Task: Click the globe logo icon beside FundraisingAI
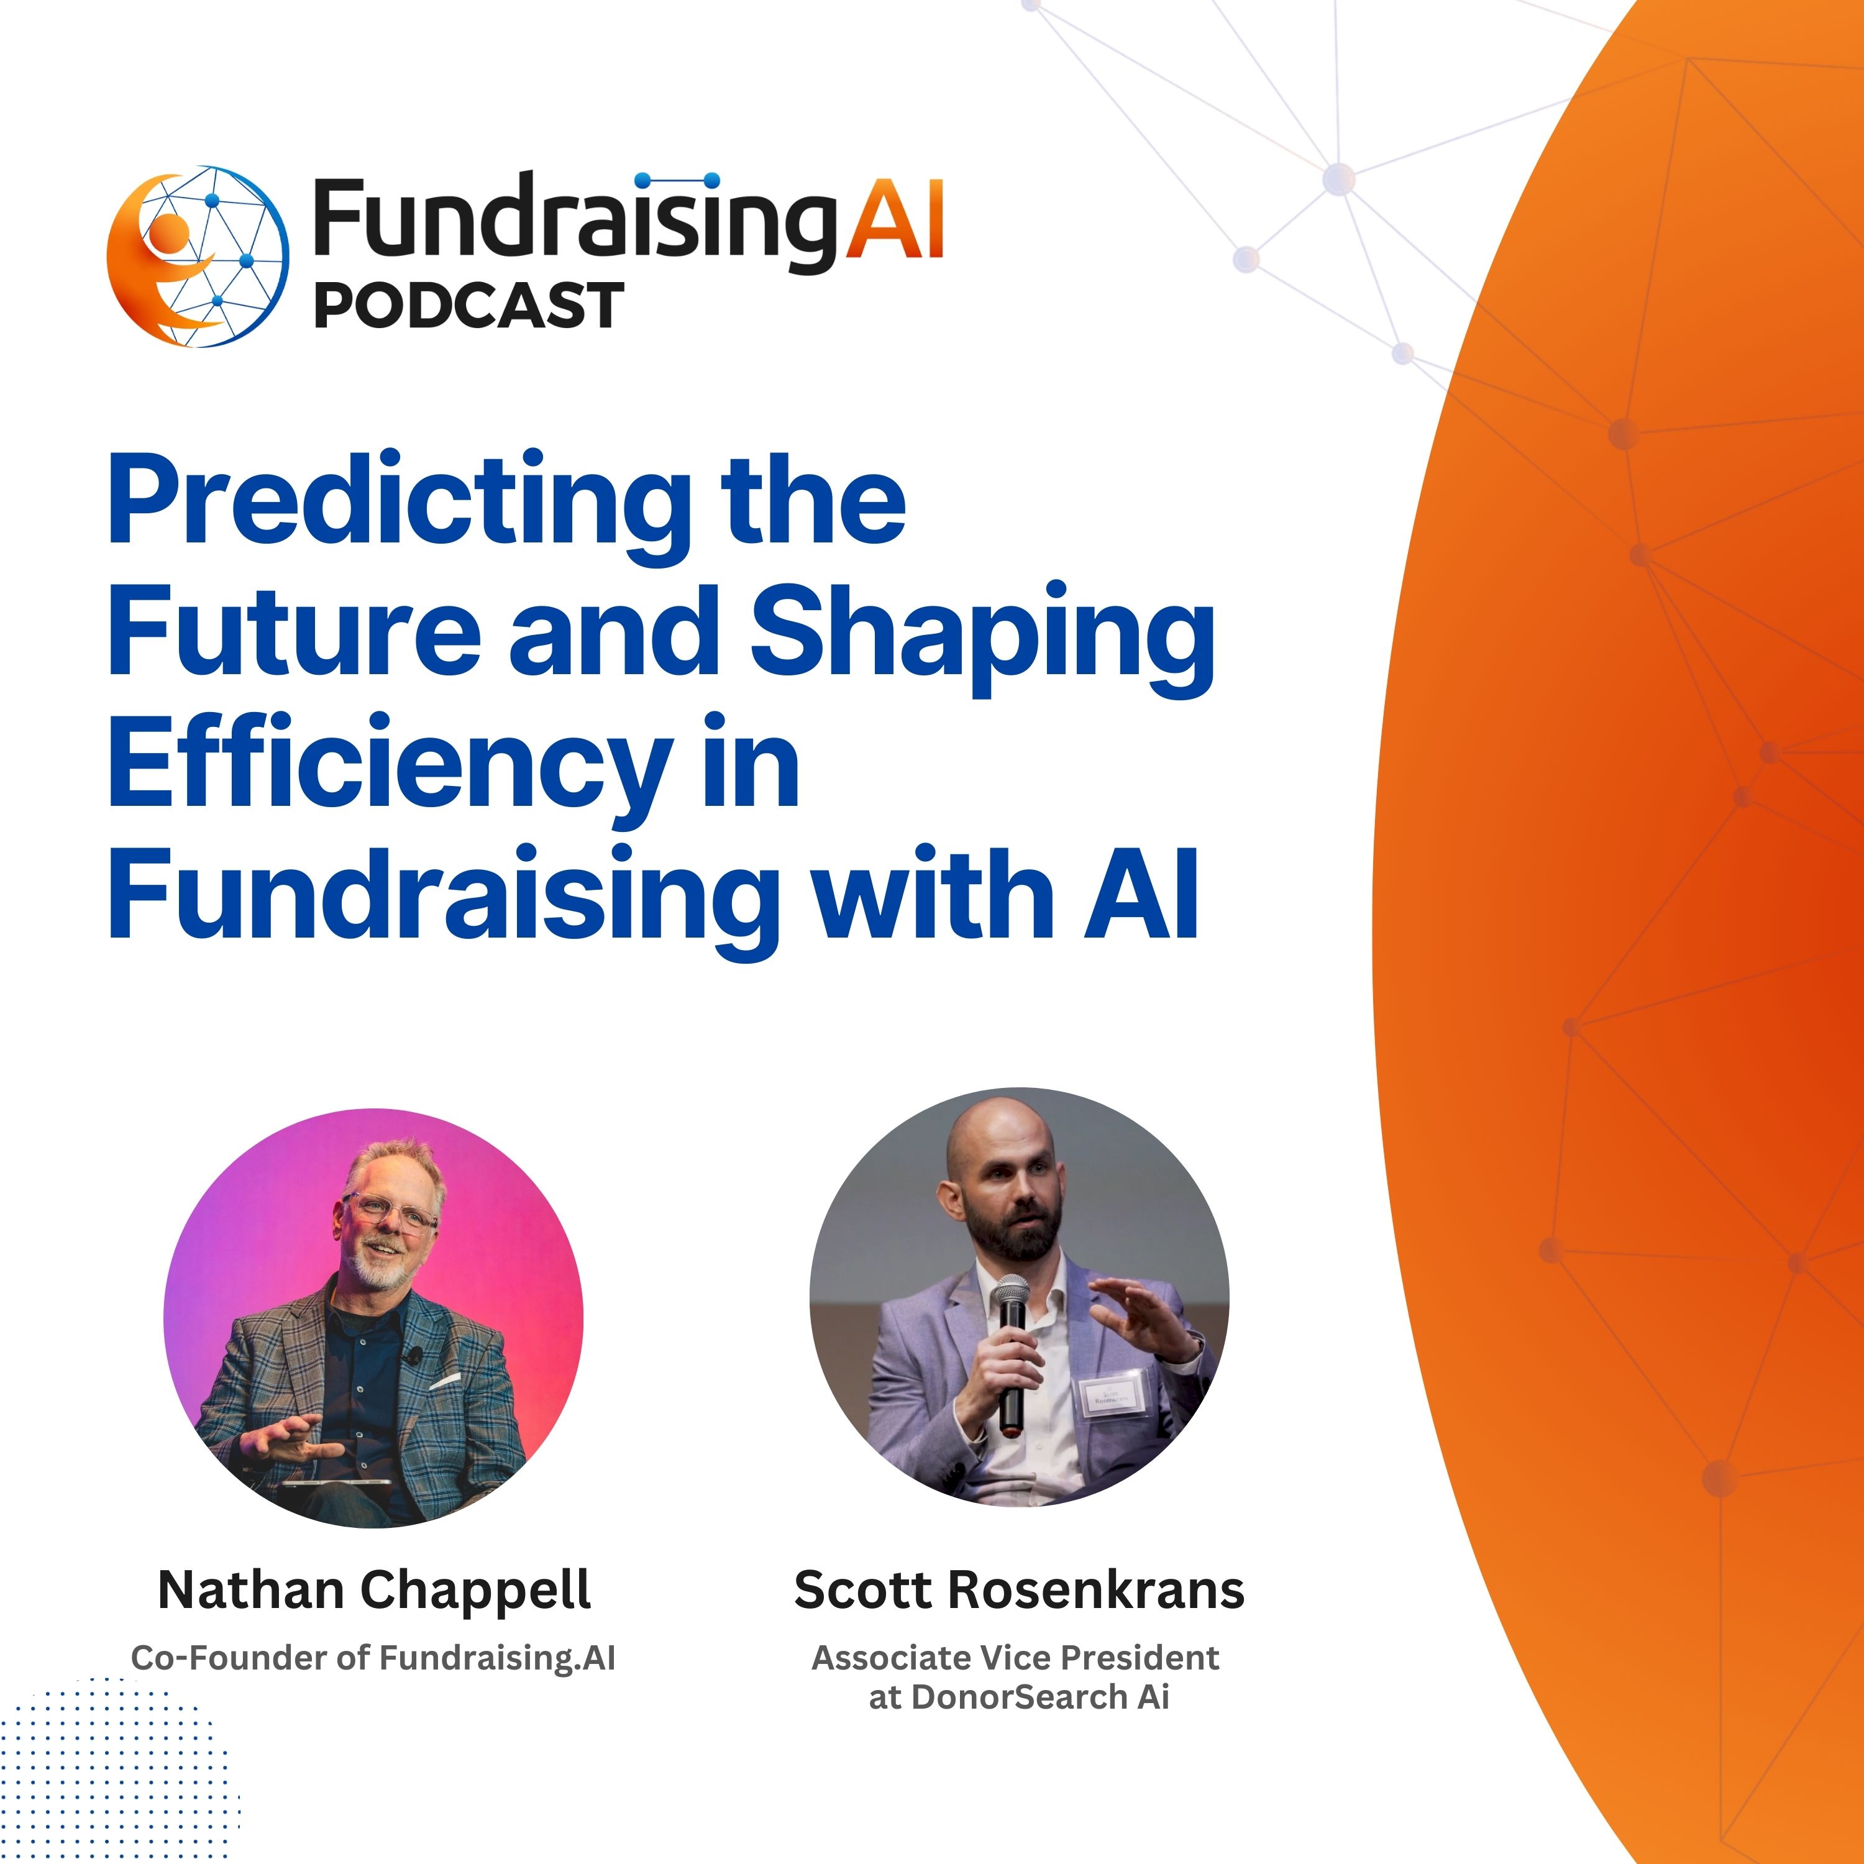click(x=198, y=257)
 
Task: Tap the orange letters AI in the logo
click(x=894, y=221)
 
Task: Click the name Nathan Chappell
click(x=373, y=1589)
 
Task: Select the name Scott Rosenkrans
click(x=1019, y=1589)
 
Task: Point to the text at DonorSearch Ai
click(x=1019, y=1697)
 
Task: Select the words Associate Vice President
click(x=1015, y=1658)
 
